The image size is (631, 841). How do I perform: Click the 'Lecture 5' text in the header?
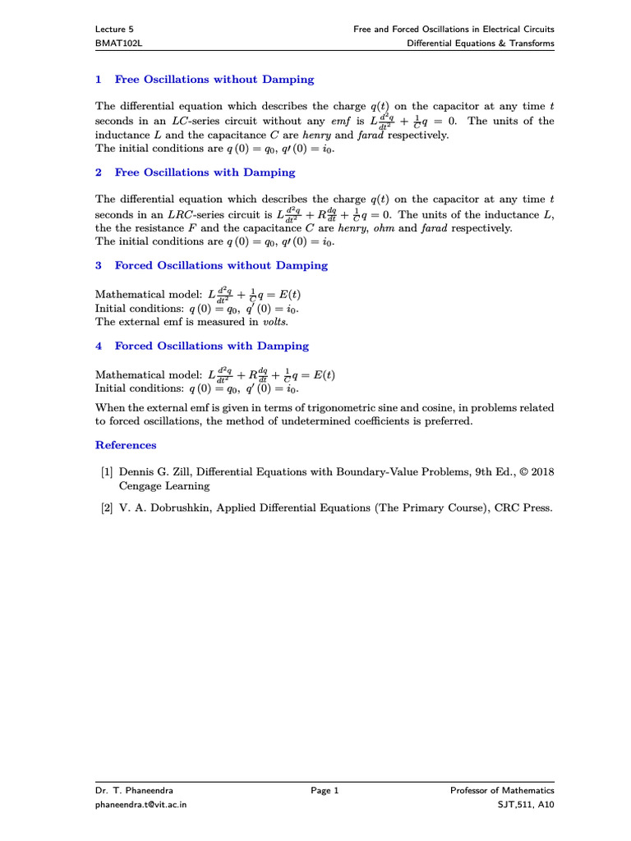[x=114, y=29]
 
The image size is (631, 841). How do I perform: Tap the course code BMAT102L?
[x=117, y=44]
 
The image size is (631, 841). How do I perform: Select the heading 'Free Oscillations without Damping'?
[x=214, y=80]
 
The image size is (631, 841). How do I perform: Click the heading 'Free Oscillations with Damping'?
[x=205, y=172]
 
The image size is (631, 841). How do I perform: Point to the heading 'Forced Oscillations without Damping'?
[x=220, y=265]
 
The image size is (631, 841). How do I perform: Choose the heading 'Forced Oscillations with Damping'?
[x=211, y=346]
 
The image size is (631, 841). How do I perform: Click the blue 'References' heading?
[x=126, y=445]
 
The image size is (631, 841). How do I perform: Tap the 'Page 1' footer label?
[x=325, y=791]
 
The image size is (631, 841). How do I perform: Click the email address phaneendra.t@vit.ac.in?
[x=141, y=805]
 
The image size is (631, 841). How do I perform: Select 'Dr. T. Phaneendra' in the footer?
[x=135, y=791]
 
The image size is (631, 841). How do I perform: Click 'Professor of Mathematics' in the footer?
[x=502, y=791]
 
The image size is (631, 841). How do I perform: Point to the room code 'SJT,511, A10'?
[x=521, y=805]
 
